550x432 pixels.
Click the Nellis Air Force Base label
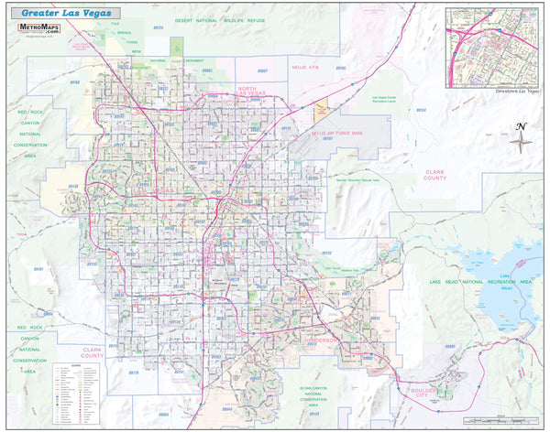(x=337, y=133)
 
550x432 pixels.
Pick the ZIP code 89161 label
(x=39, y=269)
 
